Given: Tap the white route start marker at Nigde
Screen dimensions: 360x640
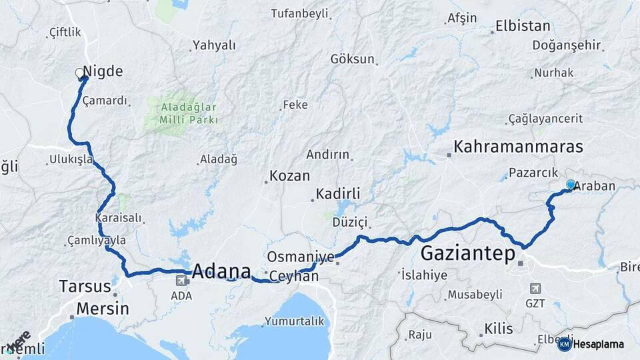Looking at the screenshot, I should point(80,73).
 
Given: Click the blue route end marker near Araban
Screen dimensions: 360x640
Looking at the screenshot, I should point(571,185).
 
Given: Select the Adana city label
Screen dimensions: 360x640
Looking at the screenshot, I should point(221,272).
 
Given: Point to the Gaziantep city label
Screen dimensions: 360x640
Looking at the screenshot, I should point(468,254).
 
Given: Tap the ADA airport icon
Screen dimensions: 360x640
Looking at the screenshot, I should point(177,283).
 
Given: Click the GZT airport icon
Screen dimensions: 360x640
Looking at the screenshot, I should point(535,289).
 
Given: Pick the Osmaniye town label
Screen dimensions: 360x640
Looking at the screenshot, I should point(300,257).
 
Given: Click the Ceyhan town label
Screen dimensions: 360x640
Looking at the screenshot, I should point(295,276).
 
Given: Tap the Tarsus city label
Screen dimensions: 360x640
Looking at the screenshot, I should point(85,287).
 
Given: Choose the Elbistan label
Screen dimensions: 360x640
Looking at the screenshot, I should point(523,27).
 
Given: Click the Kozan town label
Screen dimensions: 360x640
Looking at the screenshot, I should point(289,177).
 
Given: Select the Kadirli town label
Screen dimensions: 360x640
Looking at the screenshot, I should point(338,194).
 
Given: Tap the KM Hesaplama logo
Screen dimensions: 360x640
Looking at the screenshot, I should point(591,344).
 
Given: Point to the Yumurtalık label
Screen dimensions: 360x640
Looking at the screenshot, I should point(294,321).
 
